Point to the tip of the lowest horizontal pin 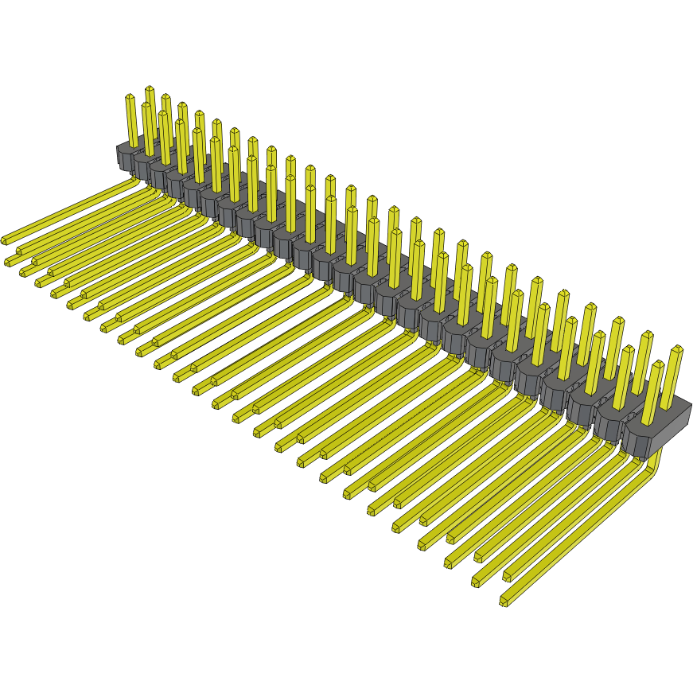[x=504, y=601]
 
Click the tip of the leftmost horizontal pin [x=5, y=239]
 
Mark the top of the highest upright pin [x=149, y=89]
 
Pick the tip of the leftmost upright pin [x=130, y=98]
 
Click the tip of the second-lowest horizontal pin [x=477, y=582]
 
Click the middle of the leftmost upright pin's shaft [x=131, y=122]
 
